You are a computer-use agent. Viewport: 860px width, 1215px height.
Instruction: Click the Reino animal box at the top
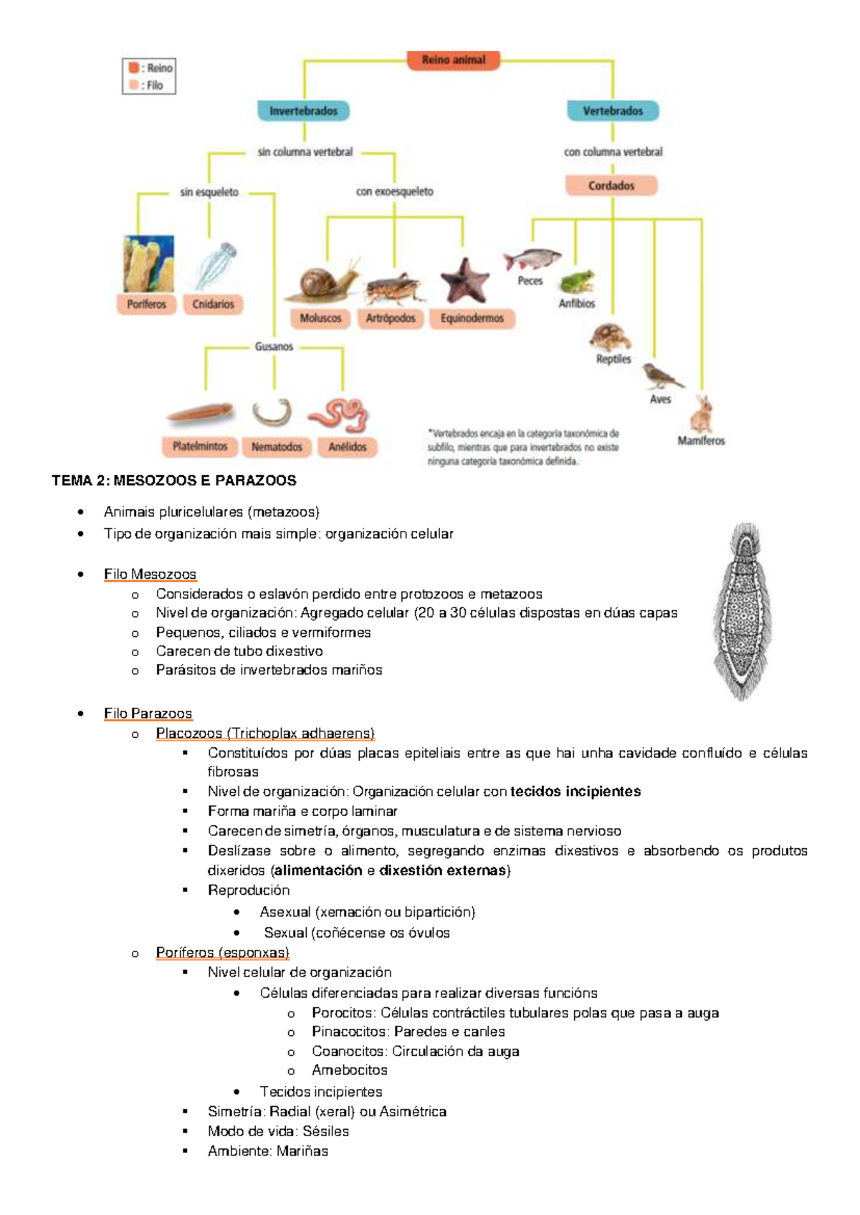454,60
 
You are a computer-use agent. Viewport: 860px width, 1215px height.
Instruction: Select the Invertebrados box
303,111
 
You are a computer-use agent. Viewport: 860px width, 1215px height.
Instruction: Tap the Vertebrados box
613,111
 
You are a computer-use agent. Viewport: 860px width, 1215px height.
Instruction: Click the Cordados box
611,186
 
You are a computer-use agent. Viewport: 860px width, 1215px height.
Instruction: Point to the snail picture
322,282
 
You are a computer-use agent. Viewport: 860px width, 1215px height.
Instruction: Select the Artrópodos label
391,318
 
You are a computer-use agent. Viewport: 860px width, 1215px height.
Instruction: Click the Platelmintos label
200,446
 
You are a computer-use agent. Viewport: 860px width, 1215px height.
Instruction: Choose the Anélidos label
348,446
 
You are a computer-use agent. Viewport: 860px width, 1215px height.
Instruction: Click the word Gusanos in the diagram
274,347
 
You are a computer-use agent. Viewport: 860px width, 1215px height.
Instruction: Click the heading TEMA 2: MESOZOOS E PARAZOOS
174,480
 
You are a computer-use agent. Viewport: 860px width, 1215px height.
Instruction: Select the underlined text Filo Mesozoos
150,574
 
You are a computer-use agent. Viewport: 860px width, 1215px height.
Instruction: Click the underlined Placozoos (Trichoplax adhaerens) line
265,733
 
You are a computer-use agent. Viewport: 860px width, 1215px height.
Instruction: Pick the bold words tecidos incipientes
575,792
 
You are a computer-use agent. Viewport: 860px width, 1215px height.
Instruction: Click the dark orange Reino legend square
134,68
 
